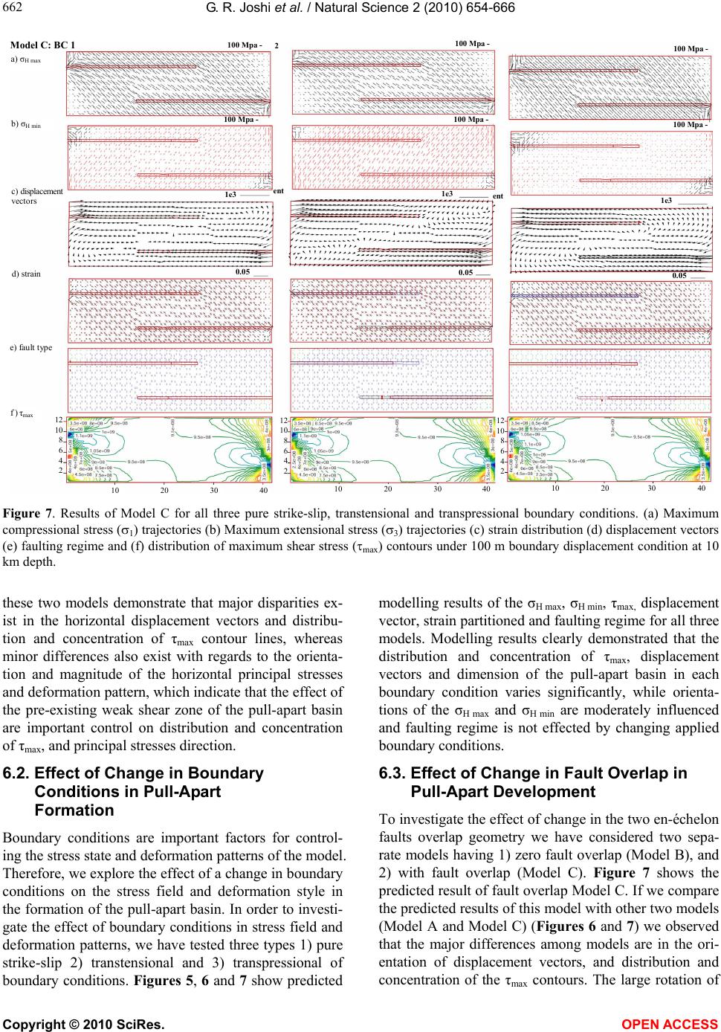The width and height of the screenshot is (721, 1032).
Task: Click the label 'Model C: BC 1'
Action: point(42,45)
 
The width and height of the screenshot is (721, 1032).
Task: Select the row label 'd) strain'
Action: point(27,274)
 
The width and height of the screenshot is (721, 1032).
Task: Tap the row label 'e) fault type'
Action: point(30,347)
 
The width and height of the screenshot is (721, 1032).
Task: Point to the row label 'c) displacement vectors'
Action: point(38,196)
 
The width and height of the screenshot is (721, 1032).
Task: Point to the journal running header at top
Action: point(360,8)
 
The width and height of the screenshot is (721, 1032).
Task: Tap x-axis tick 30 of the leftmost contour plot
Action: point(214,491)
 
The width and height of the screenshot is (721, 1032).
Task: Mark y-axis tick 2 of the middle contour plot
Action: point(282,471)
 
